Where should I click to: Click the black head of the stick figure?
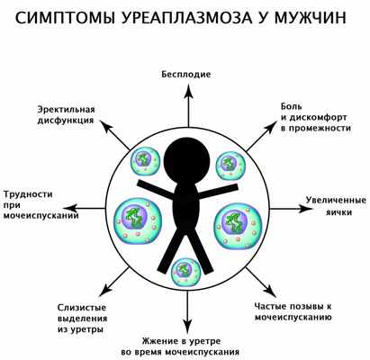(185, 153)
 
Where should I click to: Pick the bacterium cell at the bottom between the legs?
(185, 271)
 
